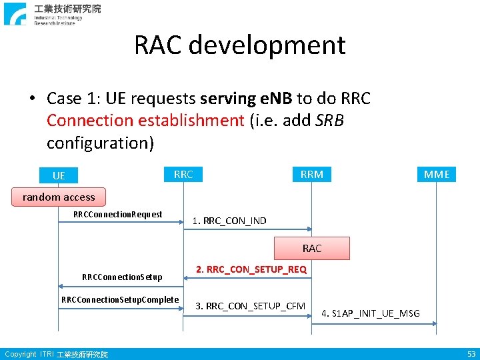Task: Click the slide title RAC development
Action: click(x=240, y=45)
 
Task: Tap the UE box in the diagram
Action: click(x=59, y=175)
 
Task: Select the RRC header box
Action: click(x=183, y=175)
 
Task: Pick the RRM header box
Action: click(x=312, y=175)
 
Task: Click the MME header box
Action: click(x=437, y=175)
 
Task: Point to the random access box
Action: click(x=59, y=197)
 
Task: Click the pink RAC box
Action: click(x=312, y=248)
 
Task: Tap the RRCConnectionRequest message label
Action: click(x=118, y=214)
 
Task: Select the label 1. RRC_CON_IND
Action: click(x=229, y=221)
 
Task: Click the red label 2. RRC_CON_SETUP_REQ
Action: click(x=251, y=269)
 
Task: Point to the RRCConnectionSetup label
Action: click(x=122, y=277)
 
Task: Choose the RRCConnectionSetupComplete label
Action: click(x=120, y=299)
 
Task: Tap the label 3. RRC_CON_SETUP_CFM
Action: click(x=251, y=306)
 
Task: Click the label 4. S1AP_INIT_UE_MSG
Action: click(x=371, y=313)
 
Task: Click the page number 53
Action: click(x=471, y=354)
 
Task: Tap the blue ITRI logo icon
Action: click(x=15, y=14)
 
